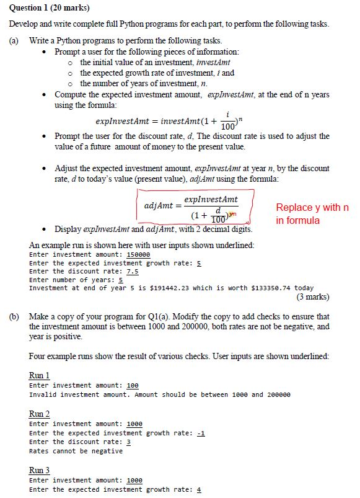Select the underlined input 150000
[138, 254]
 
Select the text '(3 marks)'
[313, 296]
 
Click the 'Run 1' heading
[39, 375]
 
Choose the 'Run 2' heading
[39, 414]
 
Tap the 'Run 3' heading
[39, 470]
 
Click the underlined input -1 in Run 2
[200, 433]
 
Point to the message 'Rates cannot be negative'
[76, 451]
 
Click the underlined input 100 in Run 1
[132, 386]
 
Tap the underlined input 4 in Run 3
[198, 489]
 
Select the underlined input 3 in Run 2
[128, 442]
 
